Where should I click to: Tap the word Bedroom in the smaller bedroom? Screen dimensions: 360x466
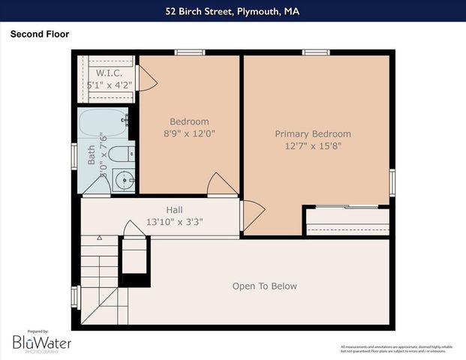(189, 121)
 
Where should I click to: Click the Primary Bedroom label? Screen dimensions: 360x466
(313, 133)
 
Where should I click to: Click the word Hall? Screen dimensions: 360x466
(175, 210)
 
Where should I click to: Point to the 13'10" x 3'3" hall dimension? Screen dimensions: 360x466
(175, 222)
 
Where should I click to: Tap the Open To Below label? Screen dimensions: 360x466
(264, 286)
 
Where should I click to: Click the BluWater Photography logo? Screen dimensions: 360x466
(41, 343)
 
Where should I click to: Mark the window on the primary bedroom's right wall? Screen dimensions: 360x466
(392, 182)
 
